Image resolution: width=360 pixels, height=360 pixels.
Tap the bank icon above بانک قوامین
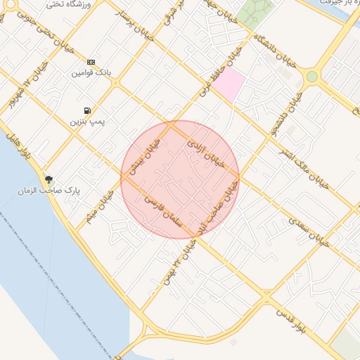(x=91, y=62)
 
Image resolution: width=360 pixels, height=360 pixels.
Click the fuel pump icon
(x=86, y=110)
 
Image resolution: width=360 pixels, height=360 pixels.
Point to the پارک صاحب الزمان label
(x=51, y=191)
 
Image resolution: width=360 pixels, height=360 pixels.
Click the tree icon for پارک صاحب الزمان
(x=49, y=179)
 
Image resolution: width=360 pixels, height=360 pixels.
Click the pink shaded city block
(x=229, y=85)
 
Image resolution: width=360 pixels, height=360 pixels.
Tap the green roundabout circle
(x=311, y=76)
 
